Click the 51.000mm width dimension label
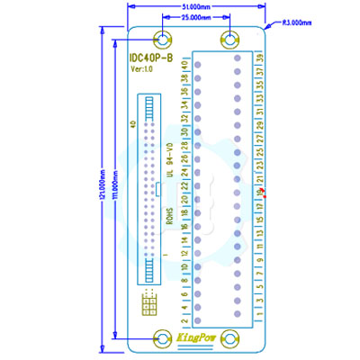196,7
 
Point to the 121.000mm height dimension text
103,189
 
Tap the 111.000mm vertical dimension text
114,189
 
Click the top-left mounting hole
164,40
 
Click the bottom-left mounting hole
164,338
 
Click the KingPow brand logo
197,338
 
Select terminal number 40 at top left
184,67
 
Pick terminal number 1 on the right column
260,313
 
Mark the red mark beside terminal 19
265,191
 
